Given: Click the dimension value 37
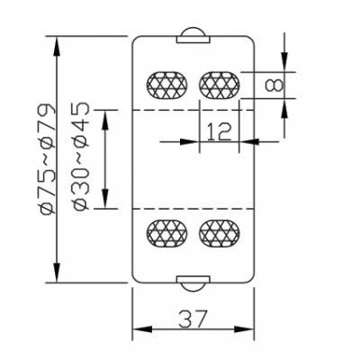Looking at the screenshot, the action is [x=193, y=319].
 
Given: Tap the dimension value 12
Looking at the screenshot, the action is [x=220, y=131].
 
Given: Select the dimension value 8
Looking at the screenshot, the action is [x=274, y=85].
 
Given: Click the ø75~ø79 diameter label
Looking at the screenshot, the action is [x=48, y=159].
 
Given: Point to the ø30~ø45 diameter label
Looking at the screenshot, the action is [x=81, y=157].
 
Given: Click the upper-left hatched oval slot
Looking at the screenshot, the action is [x=166, y=85].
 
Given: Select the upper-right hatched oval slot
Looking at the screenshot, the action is [x=220, y=85].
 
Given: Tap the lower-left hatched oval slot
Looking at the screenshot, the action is [x=166, y=233].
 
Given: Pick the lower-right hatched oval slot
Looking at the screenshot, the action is [x=220, y=233].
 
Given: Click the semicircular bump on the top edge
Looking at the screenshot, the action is [x=193, y=32].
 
